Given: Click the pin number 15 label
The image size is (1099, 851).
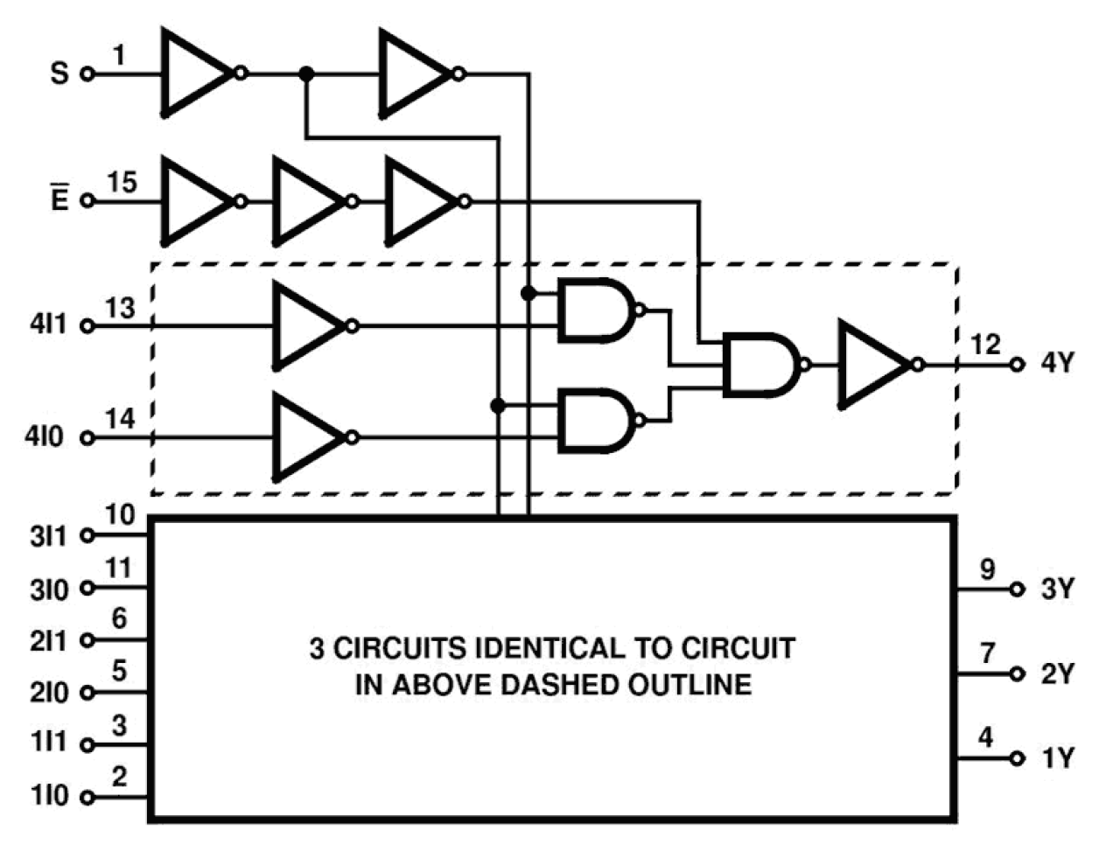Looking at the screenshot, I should click(x=122, y=183).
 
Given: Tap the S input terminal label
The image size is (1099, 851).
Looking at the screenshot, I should click(x=59, y=73).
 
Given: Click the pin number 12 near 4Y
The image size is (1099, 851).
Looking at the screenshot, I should click(x=985, y=345).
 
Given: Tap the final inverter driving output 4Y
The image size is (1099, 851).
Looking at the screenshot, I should click(x=875, y=365).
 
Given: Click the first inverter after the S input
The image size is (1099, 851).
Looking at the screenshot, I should click(x=198, y=73).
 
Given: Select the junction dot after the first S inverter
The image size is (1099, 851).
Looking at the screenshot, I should click(x=305, y=74).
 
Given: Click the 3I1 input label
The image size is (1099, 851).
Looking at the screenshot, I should click(x=48, y=536).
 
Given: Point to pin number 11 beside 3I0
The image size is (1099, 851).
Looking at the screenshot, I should click(x=118, y=568).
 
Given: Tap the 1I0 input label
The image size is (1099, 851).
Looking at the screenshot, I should click(x=48, y=797).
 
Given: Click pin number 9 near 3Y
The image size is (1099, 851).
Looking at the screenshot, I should click(x=987, y=569).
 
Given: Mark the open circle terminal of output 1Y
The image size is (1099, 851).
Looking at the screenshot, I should click(x=1017, y=759).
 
